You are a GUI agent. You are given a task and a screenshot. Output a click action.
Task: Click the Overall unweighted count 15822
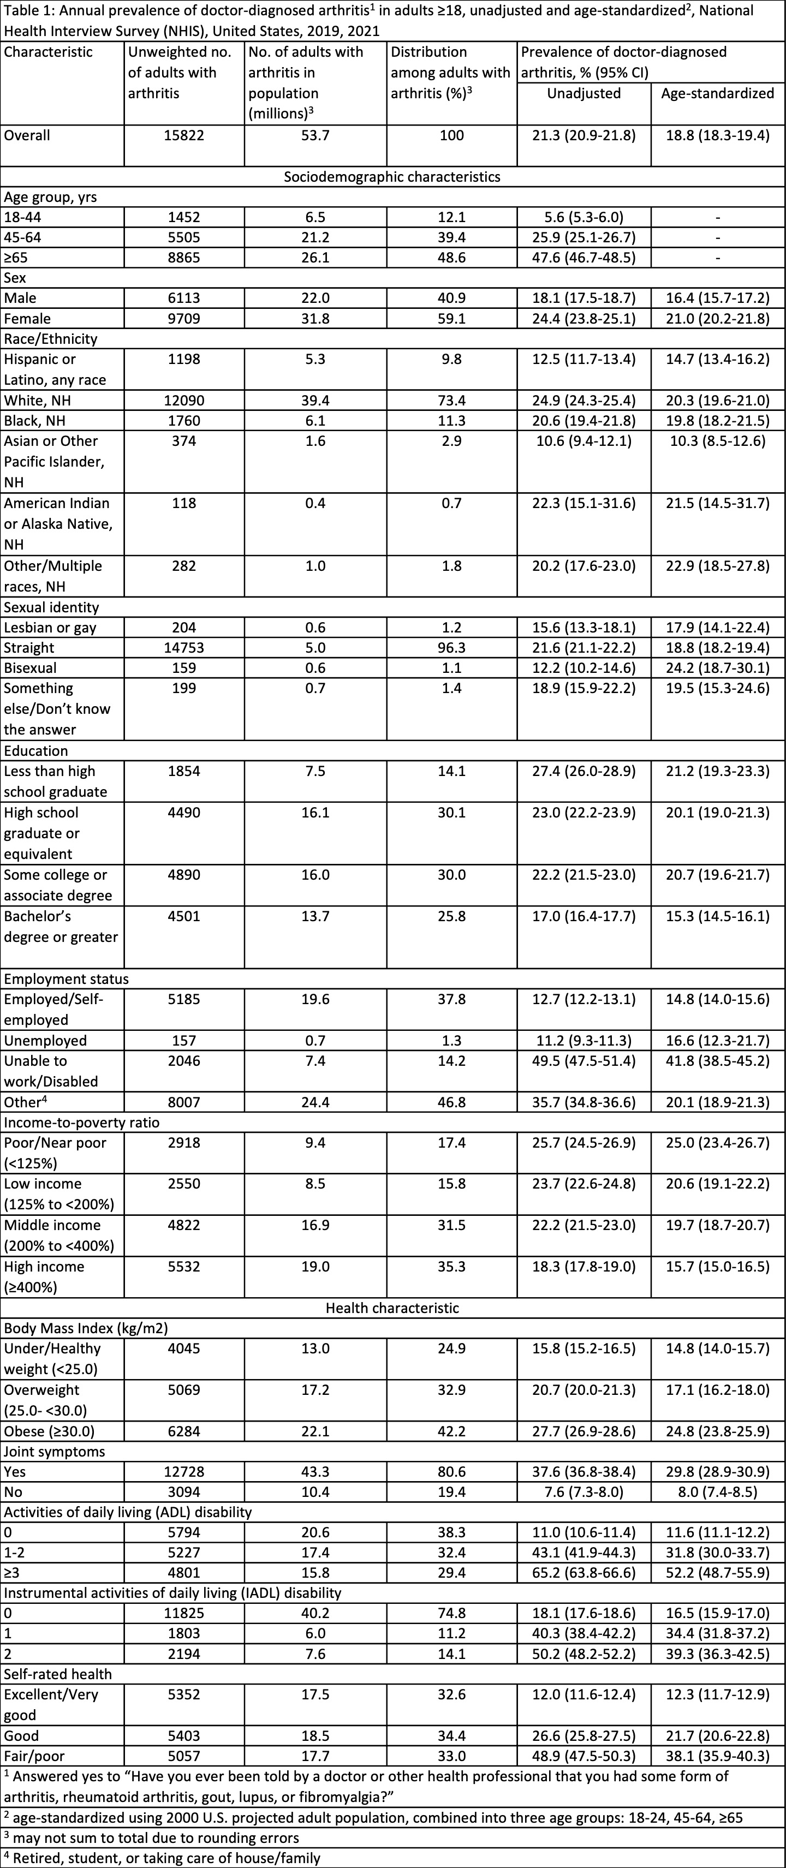coord(183,135)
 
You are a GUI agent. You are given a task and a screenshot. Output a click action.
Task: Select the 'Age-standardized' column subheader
coord(717,93)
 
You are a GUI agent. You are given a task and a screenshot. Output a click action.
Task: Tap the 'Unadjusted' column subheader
coord(583,93)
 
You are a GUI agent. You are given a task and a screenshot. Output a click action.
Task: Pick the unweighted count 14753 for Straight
coord(183,648)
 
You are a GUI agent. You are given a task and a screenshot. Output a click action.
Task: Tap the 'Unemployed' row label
coord(45,1041)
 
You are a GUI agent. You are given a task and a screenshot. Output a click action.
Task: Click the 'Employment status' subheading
coord(66,979)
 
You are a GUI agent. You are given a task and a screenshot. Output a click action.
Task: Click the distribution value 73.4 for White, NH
coord(452,401)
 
